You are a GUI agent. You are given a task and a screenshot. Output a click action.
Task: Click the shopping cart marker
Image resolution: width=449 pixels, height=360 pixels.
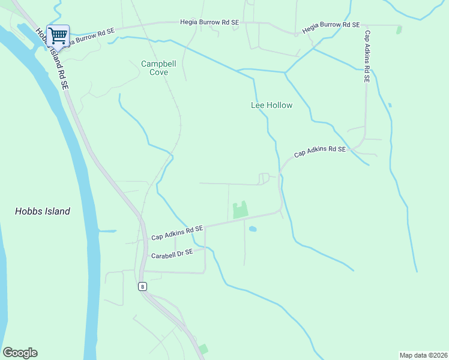pos(58,36)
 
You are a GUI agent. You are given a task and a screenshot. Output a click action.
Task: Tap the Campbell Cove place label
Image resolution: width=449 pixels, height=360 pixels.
pos(155,68)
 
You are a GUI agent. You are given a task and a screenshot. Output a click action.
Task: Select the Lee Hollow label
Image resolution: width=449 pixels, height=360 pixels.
pos(271,106)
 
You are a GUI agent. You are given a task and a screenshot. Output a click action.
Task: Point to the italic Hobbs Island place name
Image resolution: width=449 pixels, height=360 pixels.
pos(43,211)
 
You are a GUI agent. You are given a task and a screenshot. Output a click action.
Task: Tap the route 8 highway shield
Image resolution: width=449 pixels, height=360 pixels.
pos(142,286)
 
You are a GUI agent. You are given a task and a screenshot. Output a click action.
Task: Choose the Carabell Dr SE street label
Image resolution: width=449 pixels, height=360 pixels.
pos(172,254)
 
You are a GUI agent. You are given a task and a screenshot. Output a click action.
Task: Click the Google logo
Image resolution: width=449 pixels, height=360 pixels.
pos(20,353)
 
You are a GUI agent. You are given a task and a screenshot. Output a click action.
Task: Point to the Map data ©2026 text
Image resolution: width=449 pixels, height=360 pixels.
pos(423,355)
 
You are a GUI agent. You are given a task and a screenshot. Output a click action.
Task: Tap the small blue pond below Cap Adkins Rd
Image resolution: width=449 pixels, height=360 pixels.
pos(253,229)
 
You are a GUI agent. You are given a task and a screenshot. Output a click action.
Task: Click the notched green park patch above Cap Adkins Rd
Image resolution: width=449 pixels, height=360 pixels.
pos(241,210)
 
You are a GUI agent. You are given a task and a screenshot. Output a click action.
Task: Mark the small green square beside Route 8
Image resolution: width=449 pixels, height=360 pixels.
pos(203,349)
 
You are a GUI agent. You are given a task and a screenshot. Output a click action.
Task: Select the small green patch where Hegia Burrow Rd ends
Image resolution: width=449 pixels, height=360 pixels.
pos(399,29)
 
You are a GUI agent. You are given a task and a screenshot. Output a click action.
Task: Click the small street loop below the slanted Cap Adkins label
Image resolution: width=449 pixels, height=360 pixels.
pos(263,178)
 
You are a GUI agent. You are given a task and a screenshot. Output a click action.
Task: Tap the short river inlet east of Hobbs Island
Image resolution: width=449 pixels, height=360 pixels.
pos(106,231)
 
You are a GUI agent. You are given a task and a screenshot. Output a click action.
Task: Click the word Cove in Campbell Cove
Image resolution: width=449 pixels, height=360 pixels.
pos(159,72)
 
